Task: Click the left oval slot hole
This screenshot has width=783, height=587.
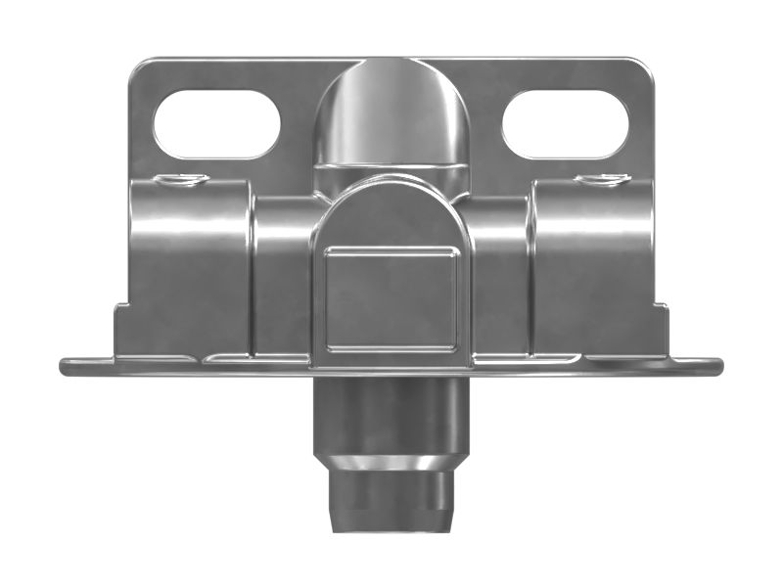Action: click(216, 124)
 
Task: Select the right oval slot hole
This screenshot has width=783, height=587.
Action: click(565, 124)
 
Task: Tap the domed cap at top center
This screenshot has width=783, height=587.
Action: click(391, 113)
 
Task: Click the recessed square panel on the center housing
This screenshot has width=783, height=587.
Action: click(391, 297)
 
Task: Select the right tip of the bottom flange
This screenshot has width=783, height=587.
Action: click(716, 366)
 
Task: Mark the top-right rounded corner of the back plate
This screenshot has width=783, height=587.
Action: click(642, 67)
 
